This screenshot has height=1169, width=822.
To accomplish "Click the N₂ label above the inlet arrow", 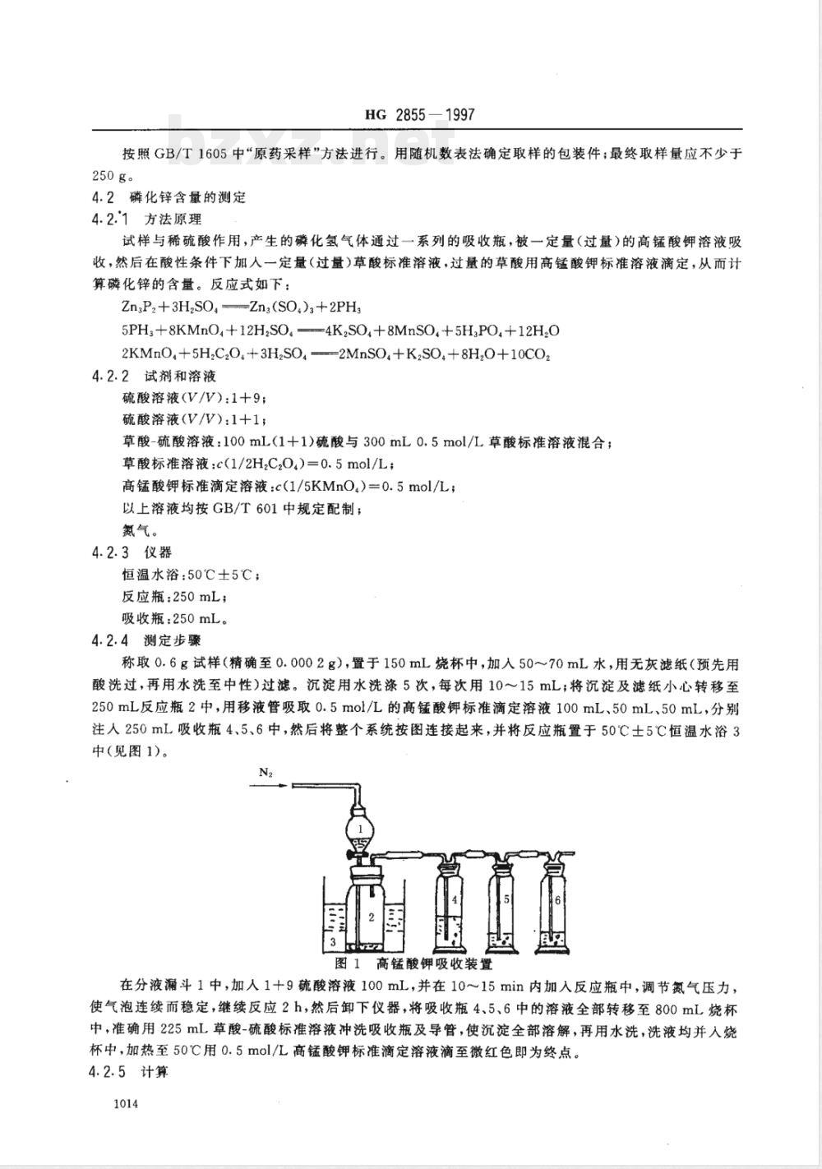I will pos(266,772).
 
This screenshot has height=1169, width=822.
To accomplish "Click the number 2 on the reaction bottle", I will pos(372,915).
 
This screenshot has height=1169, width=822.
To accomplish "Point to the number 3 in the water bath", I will pos(332,940).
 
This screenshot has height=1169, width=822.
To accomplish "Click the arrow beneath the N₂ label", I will pos(268,785).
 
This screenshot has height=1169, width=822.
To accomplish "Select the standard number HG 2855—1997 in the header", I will pos(420,117).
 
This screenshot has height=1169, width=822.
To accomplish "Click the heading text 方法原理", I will pos(172,219).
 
